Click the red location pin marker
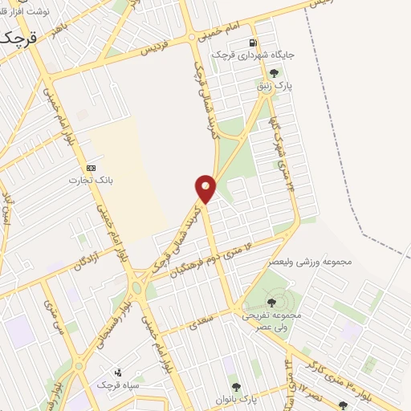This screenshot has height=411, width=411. (205, 189)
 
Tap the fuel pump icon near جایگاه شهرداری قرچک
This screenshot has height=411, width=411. (254, 43)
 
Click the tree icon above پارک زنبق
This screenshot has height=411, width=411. (275, 73)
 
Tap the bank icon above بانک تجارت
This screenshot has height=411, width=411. (91, 168)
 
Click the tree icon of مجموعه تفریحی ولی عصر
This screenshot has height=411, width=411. (271, 303)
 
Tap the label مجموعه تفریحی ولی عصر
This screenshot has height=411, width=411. (271, 321)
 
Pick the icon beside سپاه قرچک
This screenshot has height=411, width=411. (118, 372)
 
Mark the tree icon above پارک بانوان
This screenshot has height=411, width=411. (234, 387)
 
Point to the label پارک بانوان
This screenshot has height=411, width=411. (235, 399)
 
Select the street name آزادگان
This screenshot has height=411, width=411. (91, 258)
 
